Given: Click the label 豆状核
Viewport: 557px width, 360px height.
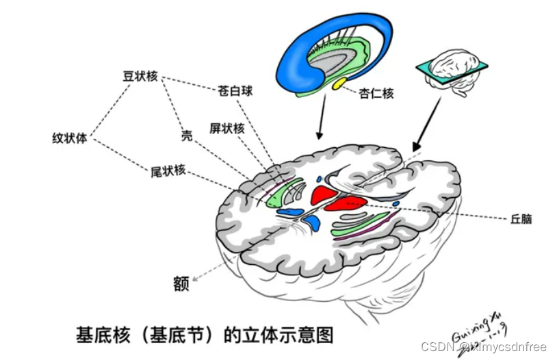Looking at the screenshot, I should (x=140, y=77).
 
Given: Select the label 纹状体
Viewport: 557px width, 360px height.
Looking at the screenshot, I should (x=70, y=137).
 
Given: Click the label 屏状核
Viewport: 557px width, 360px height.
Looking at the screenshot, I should (x=226, y=128).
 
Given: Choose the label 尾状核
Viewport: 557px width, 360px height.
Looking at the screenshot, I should (x=168, y=170).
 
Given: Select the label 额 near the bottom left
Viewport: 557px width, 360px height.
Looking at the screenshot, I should (x=180, y=284).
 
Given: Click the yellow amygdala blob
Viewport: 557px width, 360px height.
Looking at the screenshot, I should (x=339, y=85).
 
